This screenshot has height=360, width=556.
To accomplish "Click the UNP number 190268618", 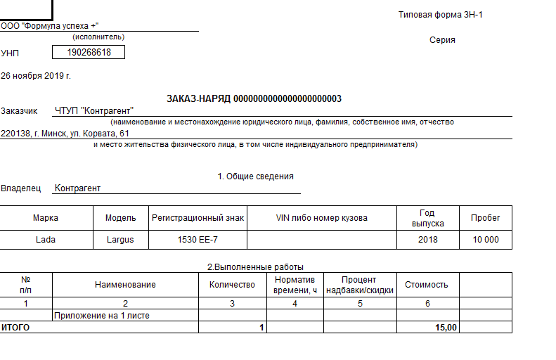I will (x=89, y=52).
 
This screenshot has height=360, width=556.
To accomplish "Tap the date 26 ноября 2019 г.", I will (x=36, y=75).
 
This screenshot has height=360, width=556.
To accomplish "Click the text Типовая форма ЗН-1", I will (x=441, y=15).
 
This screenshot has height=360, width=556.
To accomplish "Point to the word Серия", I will (x=442, y=40).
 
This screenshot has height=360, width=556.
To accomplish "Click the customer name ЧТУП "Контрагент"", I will (x=94, y=110).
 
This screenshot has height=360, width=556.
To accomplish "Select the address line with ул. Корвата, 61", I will (x=65, y=133).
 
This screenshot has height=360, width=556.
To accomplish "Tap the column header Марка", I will (x=46, y=218).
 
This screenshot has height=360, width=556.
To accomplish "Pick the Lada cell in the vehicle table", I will (x=46, y=240).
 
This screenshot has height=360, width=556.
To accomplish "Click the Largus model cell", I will (x=120, y=240).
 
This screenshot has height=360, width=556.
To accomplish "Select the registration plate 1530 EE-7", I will (x=198, y=240).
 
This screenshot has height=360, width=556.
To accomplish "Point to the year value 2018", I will (x=427, y=240).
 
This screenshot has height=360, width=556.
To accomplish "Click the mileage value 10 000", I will (x=485, y=240).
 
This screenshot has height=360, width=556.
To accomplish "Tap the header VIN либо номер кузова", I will (x=322, y=218).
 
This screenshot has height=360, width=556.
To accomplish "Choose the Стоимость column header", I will (x=426, y=285).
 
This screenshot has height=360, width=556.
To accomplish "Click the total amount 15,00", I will (x=446, y=328).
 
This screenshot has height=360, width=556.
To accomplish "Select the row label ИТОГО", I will (x=15, y=328).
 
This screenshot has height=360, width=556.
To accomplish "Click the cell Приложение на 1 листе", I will (x=102, y=316).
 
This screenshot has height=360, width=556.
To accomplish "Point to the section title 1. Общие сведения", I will (x=255, y=176).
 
